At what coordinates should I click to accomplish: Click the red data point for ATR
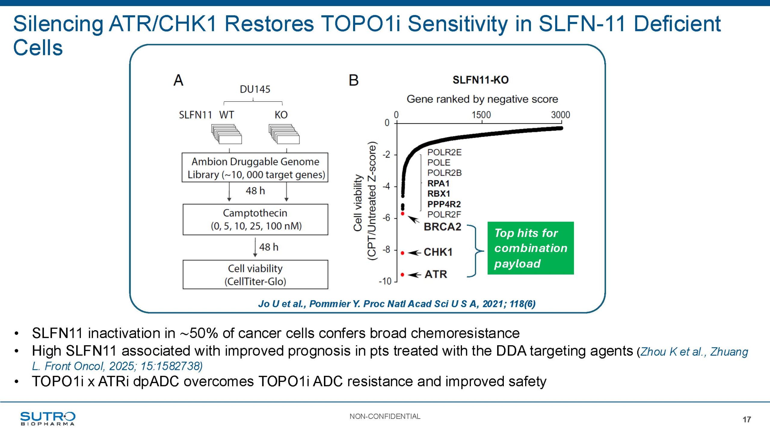402,275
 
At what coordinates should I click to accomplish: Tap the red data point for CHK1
402,253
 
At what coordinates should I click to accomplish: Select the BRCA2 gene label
442,227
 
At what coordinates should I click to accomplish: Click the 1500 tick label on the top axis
481,115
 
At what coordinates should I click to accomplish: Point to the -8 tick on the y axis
387,250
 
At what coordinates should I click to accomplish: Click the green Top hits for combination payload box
530,248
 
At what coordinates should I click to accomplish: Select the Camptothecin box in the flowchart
255,220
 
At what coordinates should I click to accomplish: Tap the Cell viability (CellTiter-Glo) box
255,275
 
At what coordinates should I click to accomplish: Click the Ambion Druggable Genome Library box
255,167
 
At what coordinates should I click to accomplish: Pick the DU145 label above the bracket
255,89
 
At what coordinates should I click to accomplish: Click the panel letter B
353,80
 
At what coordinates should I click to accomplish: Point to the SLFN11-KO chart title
480,80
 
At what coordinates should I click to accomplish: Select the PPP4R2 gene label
444,204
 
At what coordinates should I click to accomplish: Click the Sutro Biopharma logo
48,418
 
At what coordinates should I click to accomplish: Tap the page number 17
747,419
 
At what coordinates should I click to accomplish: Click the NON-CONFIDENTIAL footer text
385,416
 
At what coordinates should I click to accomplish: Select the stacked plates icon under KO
284,134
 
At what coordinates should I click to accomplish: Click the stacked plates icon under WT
226,134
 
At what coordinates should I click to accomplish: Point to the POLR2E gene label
444,152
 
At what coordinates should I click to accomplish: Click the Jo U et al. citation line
397,304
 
